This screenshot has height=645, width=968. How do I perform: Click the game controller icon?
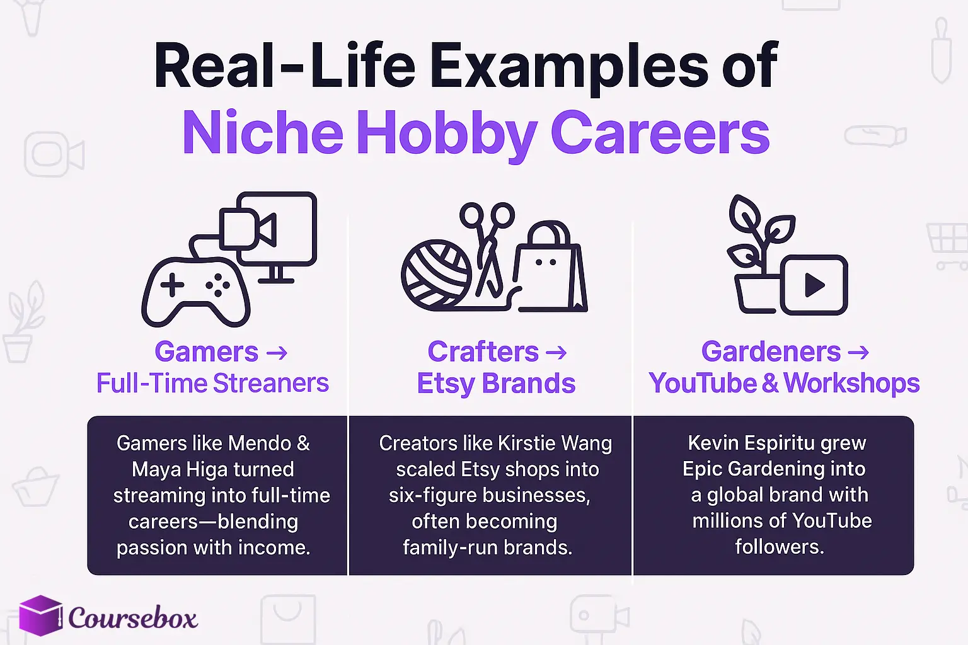point(195,291)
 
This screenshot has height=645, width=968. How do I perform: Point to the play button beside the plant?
point(814,285)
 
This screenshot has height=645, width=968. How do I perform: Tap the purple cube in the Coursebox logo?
point(41,615)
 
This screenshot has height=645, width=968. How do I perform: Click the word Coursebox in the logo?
point(133,618)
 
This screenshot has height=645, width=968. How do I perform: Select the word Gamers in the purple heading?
point(207,352)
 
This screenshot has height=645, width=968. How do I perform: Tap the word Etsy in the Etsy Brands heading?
point(445,383)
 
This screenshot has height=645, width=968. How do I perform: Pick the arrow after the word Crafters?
point(556,352)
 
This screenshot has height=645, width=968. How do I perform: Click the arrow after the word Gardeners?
point(858,352)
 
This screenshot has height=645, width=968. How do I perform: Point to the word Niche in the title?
point(262,133)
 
